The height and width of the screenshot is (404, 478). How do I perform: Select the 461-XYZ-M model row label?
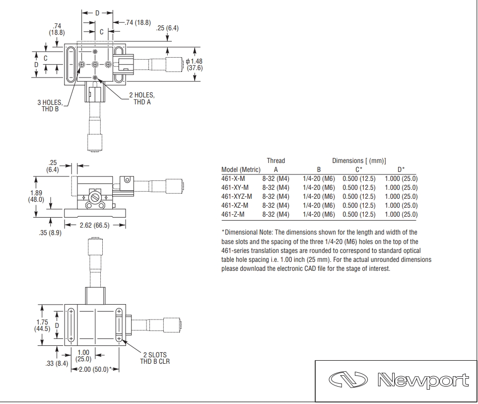coord(237,196)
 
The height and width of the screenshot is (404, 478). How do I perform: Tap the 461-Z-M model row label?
coord(233,214)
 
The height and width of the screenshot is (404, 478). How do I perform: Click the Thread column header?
coord(276,161)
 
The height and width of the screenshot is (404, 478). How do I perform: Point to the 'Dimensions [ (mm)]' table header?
coord(359,161)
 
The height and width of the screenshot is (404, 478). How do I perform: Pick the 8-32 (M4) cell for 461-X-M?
coord(276,178)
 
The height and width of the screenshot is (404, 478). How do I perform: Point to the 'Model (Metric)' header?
coord(241,169)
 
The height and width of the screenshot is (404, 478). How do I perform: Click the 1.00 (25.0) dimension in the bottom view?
coord(83,355)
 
